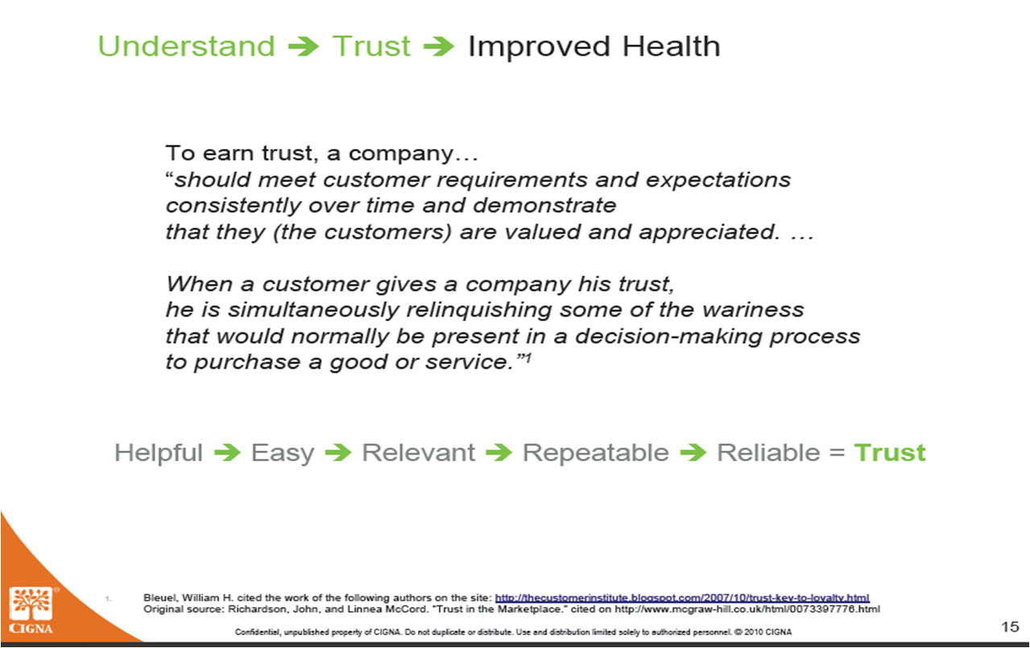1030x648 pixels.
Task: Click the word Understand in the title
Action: pos(186,46)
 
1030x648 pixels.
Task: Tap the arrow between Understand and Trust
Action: pos(303,47)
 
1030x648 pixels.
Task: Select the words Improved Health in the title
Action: pos(594,47)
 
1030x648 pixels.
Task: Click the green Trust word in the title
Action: pos(371,46)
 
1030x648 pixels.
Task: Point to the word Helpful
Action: pos(159,452)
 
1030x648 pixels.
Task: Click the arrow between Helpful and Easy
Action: pos(227,452)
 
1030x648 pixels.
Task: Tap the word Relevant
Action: pos(419,452)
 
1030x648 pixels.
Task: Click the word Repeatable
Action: pos(596,453)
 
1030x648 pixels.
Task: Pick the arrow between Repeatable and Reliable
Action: pos(693,452)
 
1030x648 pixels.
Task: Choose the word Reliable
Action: pos(769,452)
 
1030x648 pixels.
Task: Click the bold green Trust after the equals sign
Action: pos(890,452)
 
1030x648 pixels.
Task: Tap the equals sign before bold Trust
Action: pos(838,453)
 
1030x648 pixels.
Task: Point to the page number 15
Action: pos(1010,627)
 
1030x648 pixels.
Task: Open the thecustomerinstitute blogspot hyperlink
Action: pos(682,598)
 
